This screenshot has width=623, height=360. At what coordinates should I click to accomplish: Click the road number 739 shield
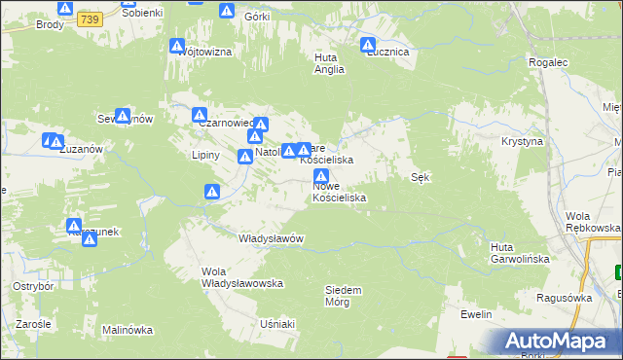(90, 19)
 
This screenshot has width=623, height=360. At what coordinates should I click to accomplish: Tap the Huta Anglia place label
(326, 63)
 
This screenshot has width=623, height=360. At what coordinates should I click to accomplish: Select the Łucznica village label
(387, 53)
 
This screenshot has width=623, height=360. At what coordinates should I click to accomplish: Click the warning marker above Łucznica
(368, 44)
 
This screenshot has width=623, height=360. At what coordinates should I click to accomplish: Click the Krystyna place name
(522, 141)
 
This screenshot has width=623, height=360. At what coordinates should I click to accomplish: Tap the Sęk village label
(421, 177)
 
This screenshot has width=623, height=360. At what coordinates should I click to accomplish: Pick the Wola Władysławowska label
(241, 277)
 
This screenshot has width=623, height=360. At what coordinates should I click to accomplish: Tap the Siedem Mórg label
(343, 295)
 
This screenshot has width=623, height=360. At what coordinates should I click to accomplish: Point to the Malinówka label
(128, 330)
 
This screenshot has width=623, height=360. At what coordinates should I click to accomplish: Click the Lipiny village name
(206, 155)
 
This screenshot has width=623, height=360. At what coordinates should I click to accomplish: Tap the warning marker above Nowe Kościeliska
(321, 177)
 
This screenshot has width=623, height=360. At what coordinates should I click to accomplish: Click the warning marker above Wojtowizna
(177, 46)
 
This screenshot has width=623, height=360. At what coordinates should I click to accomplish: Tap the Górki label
(256, 18)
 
